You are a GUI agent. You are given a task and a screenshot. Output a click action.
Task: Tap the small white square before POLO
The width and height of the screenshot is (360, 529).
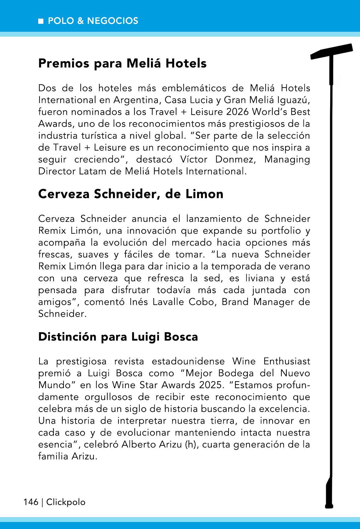coord(41,21)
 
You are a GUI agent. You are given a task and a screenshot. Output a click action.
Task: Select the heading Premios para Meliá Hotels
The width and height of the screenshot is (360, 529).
coord(122,64)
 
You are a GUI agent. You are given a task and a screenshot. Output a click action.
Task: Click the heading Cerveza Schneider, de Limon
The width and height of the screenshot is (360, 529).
coord(130,194)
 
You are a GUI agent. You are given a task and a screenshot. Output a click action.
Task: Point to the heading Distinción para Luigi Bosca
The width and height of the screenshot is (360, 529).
coord(118,337)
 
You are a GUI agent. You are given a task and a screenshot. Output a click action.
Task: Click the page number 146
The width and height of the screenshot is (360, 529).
coord(31,502)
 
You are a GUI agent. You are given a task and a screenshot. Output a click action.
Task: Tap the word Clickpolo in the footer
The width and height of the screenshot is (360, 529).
coord(66,502)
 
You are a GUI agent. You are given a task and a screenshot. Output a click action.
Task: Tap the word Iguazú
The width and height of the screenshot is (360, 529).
coord(294,100)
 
